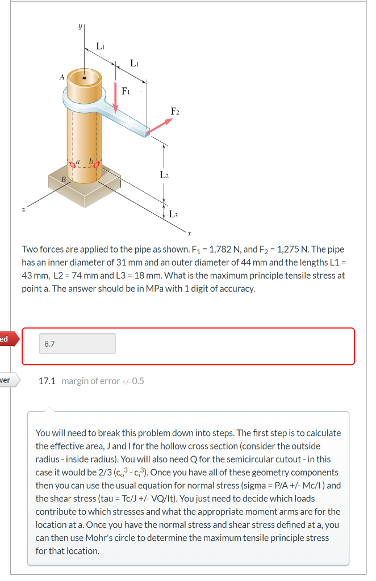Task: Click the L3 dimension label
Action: click(x=174, y=214)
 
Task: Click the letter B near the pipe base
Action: click(x=64, y=180)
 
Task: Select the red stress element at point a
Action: click(x=72, y=166)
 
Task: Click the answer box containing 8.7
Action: click(x=77, y=343)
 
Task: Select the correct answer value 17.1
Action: click(x=47, y=381)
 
